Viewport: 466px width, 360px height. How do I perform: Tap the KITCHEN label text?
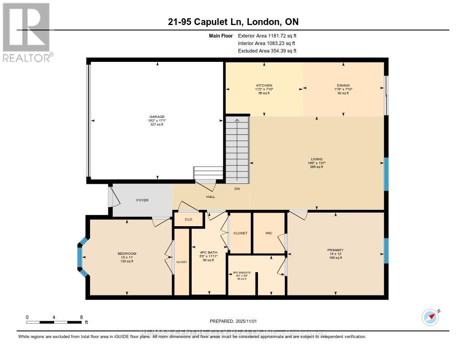coord(264,86)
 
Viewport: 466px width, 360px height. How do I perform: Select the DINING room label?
coord(344,86)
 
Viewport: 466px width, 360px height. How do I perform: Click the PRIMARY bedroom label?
coord(335,250)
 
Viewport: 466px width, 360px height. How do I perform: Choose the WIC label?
coord(268,233)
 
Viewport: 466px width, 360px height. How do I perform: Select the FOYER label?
coord(142,200)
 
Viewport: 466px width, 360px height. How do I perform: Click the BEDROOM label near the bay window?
coord(127,254)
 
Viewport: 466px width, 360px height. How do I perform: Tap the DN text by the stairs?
coord(237,188)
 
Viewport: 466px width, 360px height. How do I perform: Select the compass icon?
coord(430,317)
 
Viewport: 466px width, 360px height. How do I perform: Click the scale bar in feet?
coord(54,322)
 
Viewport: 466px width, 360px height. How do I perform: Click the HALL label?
coord(210,197)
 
